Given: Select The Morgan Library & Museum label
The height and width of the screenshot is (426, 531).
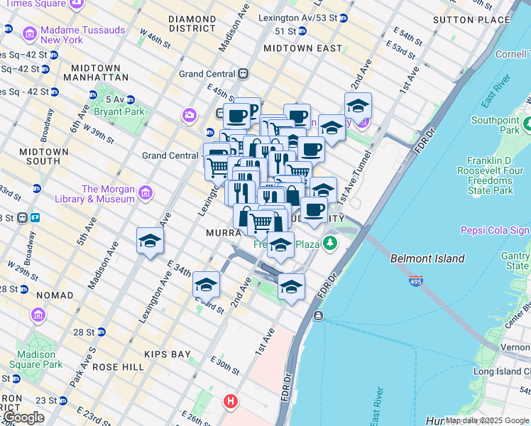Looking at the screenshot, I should point(108,194).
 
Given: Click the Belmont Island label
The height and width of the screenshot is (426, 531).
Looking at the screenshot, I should point(427,258).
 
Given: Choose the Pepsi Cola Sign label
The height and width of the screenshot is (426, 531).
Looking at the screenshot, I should point(494,230).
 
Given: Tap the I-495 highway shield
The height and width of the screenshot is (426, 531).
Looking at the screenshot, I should point(416,281).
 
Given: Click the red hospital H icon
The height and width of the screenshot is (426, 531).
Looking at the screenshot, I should point(230,402).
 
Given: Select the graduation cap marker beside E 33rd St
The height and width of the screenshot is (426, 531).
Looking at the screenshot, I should point(206,285).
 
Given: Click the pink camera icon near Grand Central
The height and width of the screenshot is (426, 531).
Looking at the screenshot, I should point(189,114).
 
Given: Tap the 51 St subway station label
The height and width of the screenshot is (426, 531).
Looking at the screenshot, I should point(285,32).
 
